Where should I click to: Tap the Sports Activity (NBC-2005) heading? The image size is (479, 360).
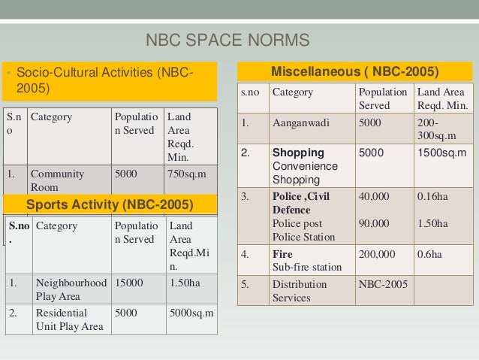110,204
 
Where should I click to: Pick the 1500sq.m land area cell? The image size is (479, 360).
443,153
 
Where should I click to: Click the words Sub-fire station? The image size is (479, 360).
306,266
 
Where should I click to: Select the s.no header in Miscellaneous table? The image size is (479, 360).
250,93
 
